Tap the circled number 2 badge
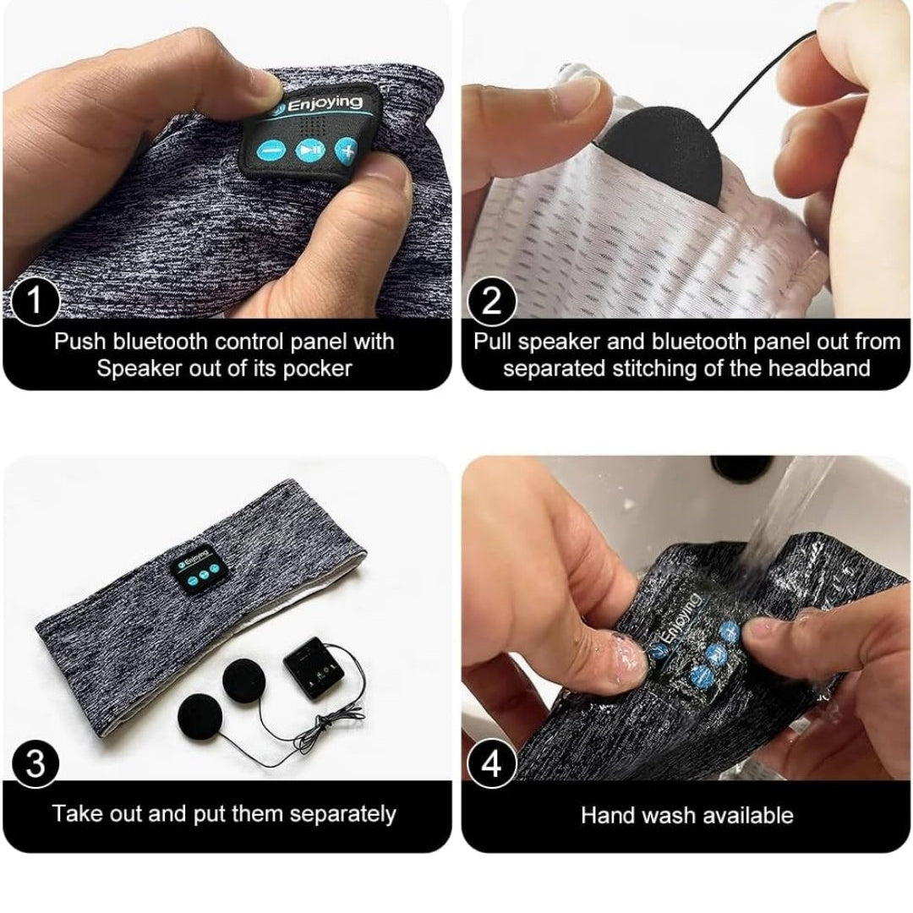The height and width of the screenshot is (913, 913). (492, 300)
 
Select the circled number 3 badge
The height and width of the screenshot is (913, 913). (35, 763)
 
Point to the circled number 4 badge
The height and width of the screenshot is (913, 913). (492, 763)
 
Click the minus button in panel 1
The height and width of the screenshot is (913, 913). (271, 151)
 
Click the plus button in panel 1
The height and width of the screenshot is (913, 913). (346, 150)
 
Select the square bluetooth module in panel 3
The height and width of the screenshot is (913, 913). (314, 668)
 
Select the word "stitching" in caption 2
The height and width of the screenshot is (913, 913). (653, 369)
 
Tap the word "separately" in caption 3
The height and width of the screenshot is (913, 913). (342, 814)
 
